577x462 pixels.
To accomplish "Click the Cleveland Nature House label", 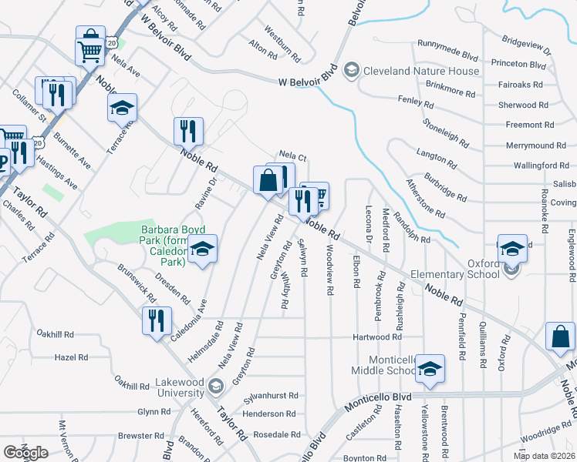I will [x=422, y=71].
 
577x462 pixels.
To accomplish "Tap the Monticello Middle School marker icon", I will [x=430, y=369].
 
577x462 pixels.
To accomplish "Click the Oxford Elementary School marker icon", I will [x=512, y=249].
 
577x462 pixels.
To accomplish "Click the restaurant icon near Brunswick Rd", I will [x=157, y=320].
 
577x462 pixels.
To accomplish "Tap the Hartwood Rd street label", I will [x=377, y=336].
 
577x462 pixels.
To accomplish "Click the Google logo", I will [x=25, y=452].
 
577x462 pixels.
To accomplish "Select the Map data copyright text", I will [x=545, y=456].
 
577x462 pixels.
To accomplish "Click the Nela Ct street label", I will [x=293, y=157].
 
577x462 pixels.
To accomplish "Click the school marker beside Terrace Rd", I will [x=121, y=108].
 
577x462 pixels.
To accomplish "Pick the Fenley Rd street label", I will [x=416, y=101].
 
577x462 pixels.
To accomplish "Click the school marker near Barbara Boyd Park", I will [x=203, y=250].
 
